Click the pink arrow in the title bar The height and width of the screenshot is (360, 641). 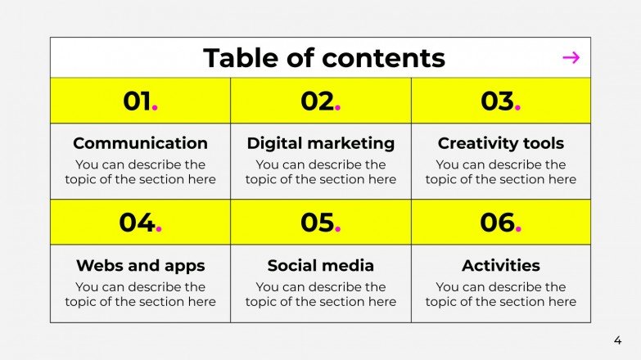pyautogui.click(x=571, y=57)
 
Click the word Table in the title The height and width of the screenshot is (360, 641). pyautogui.click(x=234, y=58)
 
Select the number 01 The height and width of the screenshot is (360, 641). pyautogui.click(x=138, y=101)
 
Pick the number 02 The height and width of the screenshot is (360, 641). pyautogui.click(x=318, y=101)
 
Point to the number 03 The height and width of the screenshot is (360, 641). pyautogui.click(x=497, y=101)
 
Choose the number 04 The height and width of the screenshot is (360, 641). pyautogui.click(x=137, y=223)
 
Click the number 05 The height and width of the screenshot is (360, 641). pyautogui.click(x=317, y=223)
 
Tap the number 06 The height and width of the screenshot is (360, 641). pyautogui.click(x=497, y=223)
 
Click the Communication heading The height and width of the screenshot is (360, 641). pyautogui.click(x=140, y=143)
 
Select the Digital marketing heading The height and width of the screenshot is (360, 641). pyautogui.click(x=320, y=143)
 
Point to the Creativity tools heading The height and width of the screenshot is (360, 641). pyautogui.click(x=500, y=143)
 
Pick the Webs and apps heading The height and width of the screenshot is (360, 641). pyautogui.click(x=140, y=265)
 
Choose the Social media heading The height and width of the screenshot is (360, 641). pyautogui.click(x=320, y=265)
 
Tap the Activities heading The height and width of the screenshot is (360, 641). pyautogui.click(x=500, y=265)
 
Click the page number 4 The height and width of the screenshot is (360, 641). pyautogui.click(x=617, y=340)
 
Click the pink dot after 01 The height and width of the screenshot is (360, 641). pyautogui.click(x=156, y=109)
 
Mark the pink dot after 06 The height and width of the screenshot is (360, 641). pyautogui.click(x=518, y=230)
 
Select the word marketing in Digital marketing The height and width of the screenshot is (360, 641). pyautogui.click(x=352, y=143)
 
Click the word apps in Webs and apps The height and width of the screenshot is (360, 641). pyautogui.click(x=186, y=266)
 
